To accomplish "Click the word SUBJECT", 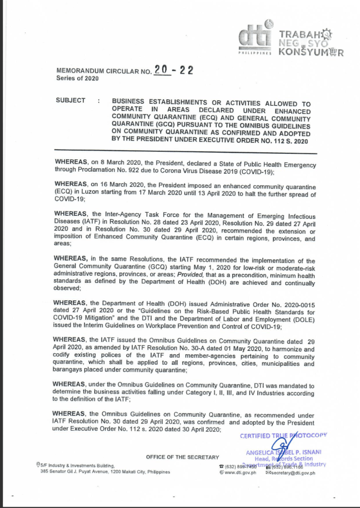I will (70, 100).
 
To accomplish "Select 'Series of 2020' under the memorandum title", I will (77, 78).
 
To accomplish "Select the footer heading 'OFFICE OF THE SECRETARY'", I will (182, 457).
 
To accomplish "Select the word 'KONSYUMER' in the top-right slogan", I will (310, 52).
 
